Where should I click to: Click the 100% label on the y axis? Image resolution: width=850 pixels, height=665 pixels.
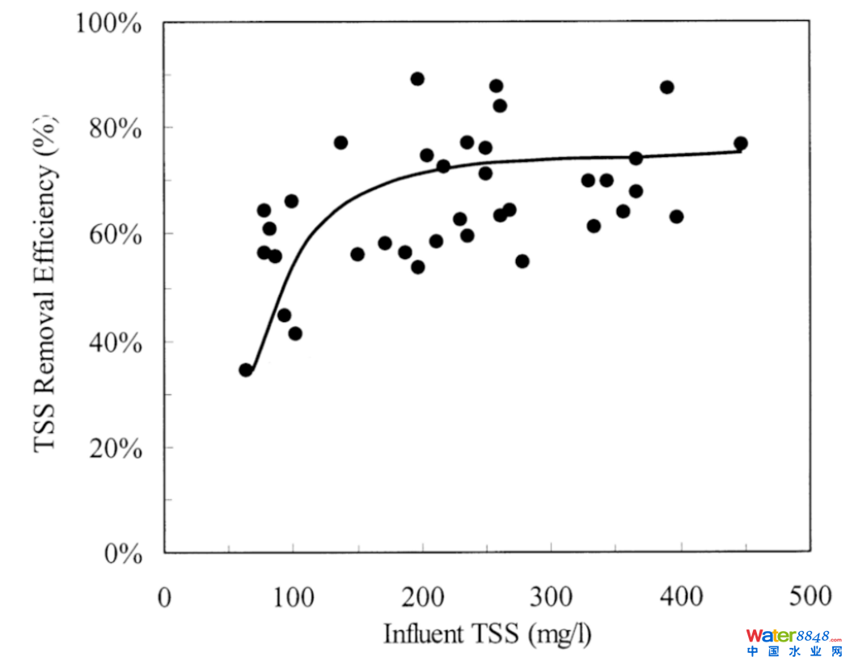(109, 22)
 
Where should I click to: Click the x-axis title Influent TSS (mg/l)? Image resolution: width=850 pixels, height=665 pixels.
(487, 634)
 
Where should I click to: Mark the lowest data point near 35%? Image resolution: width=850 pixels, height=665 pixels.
(246, 370)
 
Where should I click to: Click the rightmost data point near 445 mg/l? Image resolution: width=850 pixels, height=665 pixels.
(740, 143)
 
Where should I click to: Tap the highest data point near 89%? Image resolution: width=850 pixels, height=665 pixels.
(417, 78)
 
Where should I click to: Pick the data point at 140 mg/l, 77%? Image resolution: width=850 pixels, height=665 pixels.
(340, 142)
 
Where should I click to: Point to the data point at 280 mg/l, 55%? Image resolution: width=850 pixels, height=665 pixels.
(522, 260)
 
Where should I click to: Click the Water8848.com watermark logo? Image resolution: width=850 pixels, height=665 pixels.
(794, 642)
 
